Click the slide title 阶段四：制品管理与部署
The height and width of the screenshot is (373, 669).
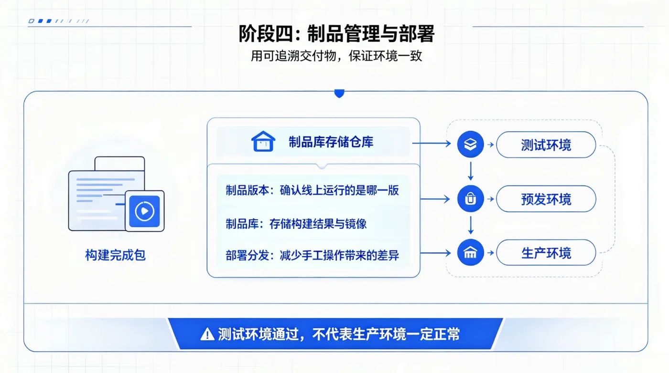pyautogui.click(x=336, y=34)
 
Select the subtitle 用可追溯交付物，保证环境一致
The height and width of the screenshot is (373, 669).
pyautogui.click(x=336, y=56)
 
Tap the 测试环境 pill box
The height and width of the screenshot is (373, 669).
pyautogui.click(x=546, y=145)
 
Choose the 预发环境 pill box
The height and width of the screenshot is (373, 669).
pyautogui.click(x=546, y=199)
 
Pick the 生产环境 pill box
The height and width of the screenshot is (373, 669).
pyautogui.click(x=546, y=252)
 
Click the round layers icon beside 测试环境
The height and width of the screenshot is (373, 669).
pyautogui.click(x=470, y=145)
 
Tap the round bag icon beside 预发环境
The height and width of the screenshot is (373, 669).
pyautogui.click(x=470, y=198)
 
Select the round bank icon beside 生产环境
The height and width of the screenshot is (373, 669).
pyautogui.click(x=470, y=252)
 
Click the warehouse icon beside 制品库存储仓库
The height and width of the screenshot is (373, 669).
pyautogui.click(x=263, y=141)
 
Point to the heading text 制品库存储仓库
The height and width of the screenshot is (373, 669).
pyautogui.click(x=331, y=142)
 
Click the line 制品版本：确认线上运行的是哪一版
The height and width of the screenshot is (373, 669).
pyautogui.click(x=312, y=190)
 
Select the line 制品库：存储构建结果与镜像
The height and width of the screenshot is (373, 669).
pyautogui.click(x=296, y=224)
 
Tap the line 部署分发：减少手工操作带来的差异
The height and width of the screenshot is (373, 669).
pyautogui.click(x=312, y=256)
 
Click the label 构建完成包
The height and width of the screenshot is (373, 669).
pyautogui.click(x=115, y=255)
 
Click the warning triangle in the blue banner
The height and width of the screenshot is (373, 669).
pyautogui.click(x=207, y=334)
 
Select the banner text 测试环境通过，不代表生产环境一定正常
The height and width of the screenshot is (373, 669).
pyautogui.click(x=339, y=334)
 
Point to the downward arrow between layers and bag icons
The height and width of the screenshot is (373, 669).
pyautogui.click(x=471, y=171)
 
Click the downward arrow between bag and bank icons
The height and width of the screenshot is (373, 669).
pyautogui.click(x=471, y=225)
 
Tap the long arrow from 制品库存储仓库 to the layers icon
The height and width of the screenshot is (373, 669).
pyautogui.click(x=432, y=144)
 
